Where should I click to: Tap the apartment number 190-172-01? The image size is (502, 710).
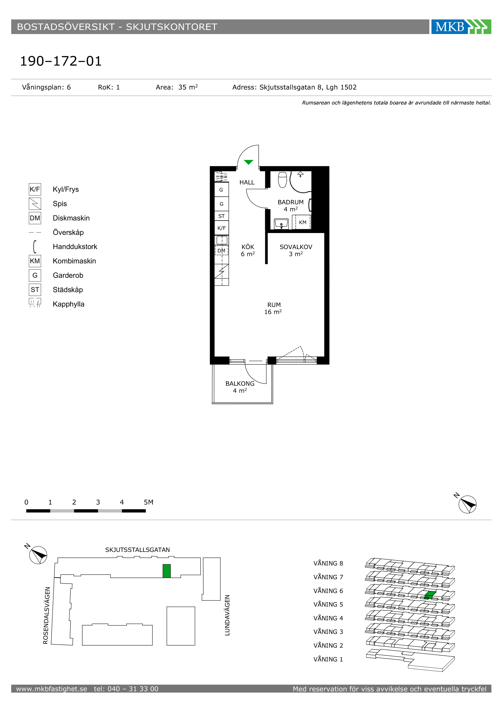pyautogui.click(x=61, y=61)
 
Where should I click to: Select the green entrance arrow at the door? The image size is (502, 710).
pyautogui.click(x=249, y=162)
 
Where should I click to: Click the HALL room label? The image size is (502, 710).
pyautogui.click(x=247, y=182)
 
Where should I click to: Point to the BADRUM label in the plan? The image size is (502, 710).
pyautogui.click(x=290, y=202)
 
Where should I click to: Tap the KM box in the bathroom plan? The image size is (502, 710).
pyautogui.click(x=303, y=222)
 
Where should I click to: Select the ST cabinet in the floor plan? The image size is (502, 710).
pyautogui.click(x=221, y=216)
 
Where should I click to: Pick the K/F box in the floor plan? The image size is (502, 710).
pyautogui.click(x=221, y=228)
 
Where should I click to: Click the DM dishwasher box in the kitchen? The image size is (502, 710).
pyautogui.click(x=221, y=250)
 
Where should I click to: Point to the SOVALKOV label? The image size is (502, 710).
pyautogui.click(x=296, y=247)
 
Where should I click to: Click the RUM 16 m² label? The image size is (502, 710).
pyautogui.click(x=273, y=308)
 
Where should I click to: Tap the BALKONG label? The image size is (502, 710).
pyautogui.click(x=240, y=383)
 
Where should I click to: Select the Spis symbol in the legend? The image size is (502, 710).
pyautogui.click(x=35, y=203)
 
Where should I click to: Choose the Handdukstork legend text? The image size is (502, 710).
pyautogui.click(x=75, y=246)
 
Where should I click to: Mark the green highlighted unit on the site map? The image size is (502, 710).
pyautogui.click(x=167, y=571)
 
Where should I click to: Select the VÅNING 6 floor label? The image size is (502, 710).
pyautogui.click(x=328, y=591)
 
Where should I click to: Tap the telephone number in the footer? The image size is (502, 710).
pyautogui.click(x=126, y=689)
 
